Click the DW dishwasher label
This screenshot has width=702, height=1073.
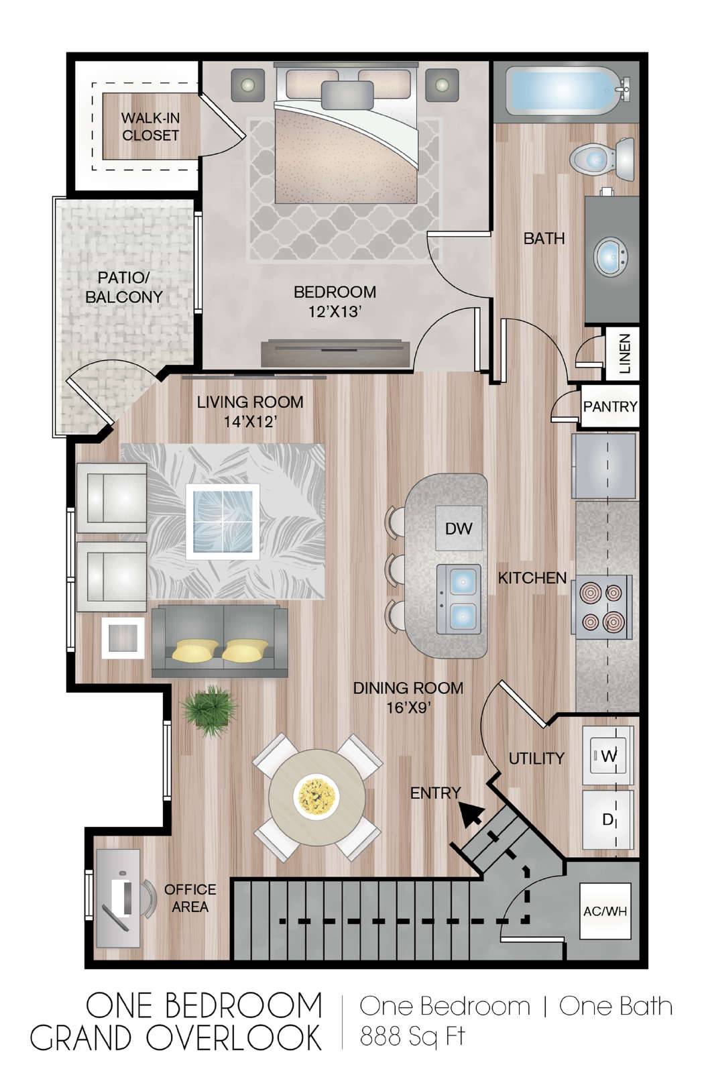pos(458,528)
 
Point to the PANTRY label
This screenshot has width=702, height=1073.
pos(609,406)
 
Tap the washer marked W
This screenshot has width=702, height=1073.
pos(608,757)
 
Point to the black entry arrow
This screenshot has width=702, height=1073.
pos(471,813)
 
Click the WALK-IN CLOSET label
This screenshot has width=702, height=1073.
pos(150,127)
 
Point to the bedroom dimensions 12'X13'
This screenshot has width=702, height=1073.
pos(334,312)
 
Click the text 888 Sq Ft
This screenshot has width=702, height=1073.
pos(412,1037)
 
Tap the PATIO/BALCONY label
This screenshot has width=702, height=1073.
pos(124,287)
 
